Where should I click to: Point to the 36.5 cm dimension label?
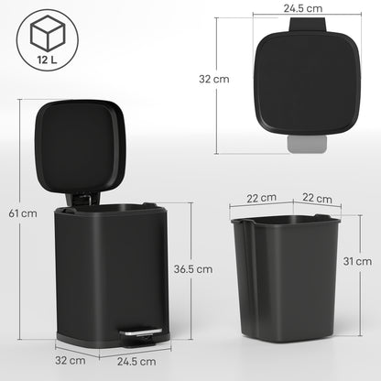click(x=193, y=270)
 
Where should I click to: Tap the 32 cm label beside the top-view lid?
click(x=214, y=79)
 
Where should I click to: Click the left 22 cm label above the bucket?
click(x=262, y=198)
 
